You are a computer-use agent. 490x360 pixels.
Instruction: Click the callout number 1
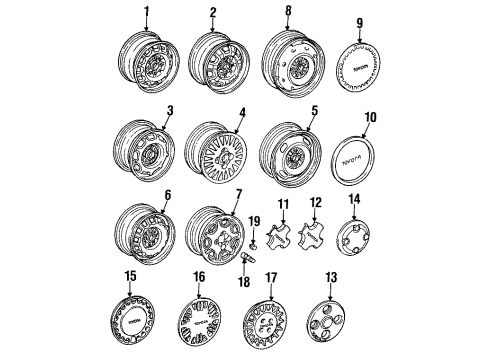pyautogui.click(x=146, y=12)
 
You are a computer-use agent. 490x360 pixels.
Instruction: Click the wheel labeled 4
pyautogui.click(x=215, y=154)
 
